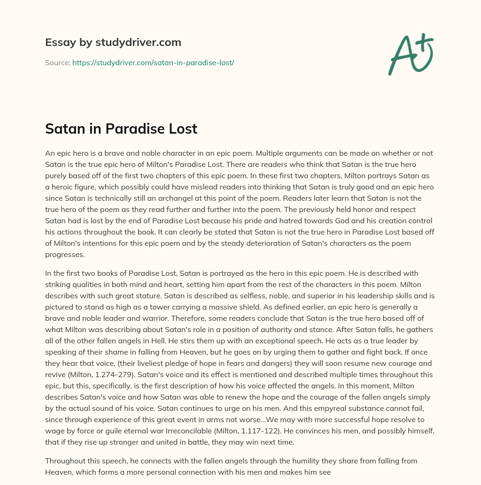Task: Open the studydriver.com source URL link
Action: (153, 62)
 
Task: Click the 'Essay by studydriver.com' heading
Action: (113, 42)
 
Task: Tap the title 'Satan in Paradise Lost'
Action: (121, 129)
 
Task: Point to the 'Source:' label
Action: (58, 62)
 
